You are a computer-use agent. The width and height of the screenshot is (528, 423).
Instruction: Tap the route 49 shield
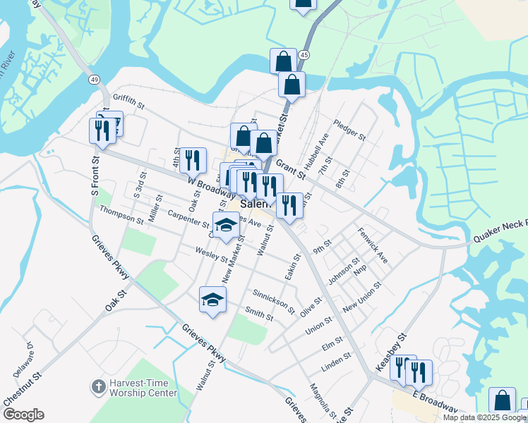[94, 80]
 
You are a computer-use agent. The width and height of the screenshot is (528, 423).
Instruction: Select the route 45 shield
[304, 54]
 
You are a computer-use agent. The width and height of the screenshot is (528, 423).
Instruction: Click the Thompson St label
[121, 214]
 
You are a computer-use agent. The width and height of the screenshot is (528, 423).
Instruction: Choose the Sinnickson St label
[273, 298]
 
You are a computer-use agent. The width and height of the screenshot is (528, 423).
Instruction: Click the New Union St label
[361, 298]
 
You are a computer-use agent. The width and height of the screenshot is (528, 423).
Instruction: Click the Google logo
[23, 415]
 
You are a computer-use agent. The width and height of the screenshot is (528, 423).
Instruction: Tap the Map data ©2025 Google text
[484, 417]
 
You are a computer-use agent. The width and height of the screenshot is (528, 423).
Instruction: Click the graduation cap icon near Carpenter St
[226, 225]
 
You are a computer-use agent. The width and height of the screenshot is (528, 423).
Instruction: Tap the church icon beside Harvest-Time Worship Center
[98, 386]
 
